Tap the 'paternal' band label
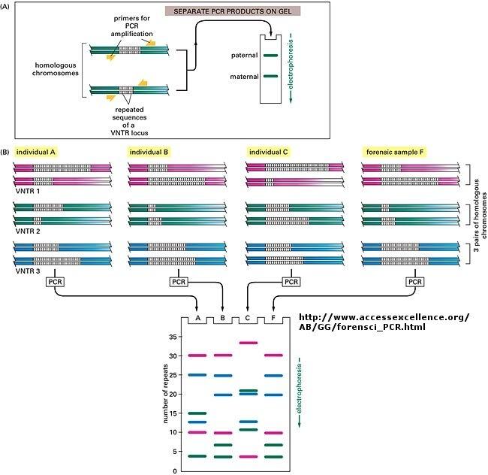(246, 55)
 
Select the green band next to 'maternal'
(271, 76)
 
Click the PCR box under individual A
(59, 281)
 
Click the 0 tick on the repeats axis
(174, 470)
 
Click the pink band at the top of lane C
(248, 343)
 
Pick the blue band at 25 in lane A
(197, 375)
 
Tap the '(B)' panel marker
(6, 152)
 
